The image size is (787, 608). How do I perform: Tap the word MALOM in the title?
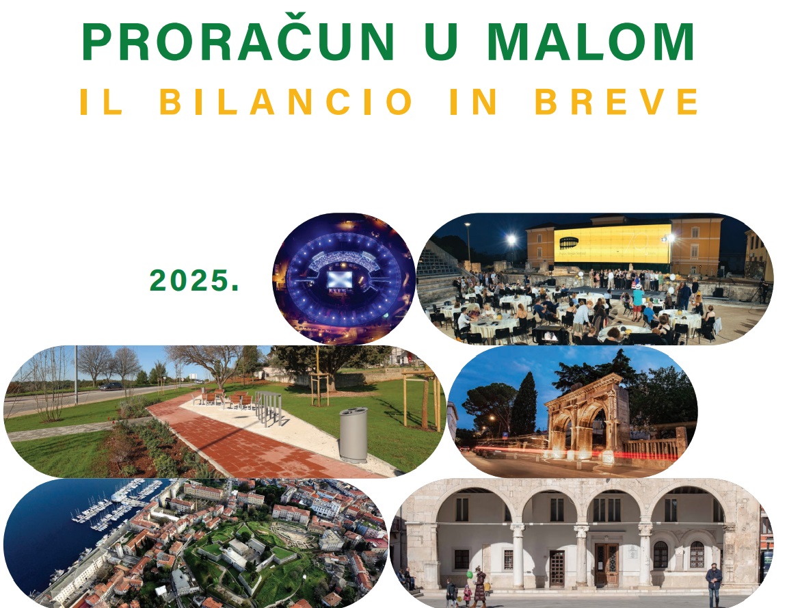(x=591, y=42)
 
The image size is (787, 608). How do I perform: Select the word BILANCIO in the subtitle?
(x=286, y=101)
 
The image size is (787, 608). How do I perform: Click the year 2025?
(x=194, y=280)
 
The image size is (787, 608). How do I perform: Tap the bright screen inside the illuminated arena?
(x=340, y=279)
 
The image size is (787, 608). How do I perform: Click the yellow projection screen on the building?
(x=613, y=243)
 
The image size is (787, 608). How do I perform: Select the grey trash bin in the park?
(x=354, y=435)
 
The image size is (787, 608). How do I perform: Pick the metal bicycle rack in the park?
(x=269, y=408)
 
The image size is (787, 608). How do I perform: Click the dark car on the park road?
(x=111, y=386)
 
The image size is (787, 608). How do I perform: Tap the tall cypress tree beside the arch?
(x=524, y=405)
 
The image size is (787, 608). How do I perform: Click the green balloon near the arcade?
(x=469, y=574)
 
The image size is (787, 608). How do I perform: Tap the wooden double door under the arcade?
(x=606, y=565)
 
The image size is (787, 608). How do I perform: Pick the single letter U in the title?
(x=441, y=42)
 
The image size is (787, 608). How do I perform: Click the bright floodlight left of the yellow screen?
(x=511, y=240)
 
